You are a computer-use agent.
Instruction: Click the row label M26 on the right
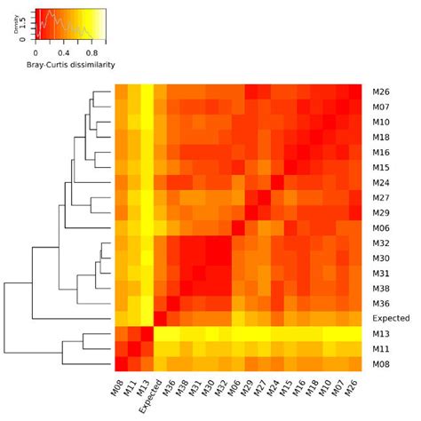point(381,90)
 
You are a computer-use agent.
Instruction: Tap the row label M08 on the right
point(381,362)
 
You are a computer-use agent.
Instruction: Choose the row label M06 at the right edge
point(381,226)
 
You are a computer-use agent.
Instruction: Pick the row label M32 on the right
point(381,242)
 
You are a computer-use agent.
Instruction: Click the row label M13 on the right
point(381,332)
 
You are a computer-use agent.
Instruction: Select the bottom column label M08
point(119,385)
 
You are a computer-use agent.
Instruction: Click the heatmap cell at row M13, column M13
point(147,332)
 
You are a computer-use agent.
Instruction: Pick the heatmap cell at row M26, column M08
point(122,90)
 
